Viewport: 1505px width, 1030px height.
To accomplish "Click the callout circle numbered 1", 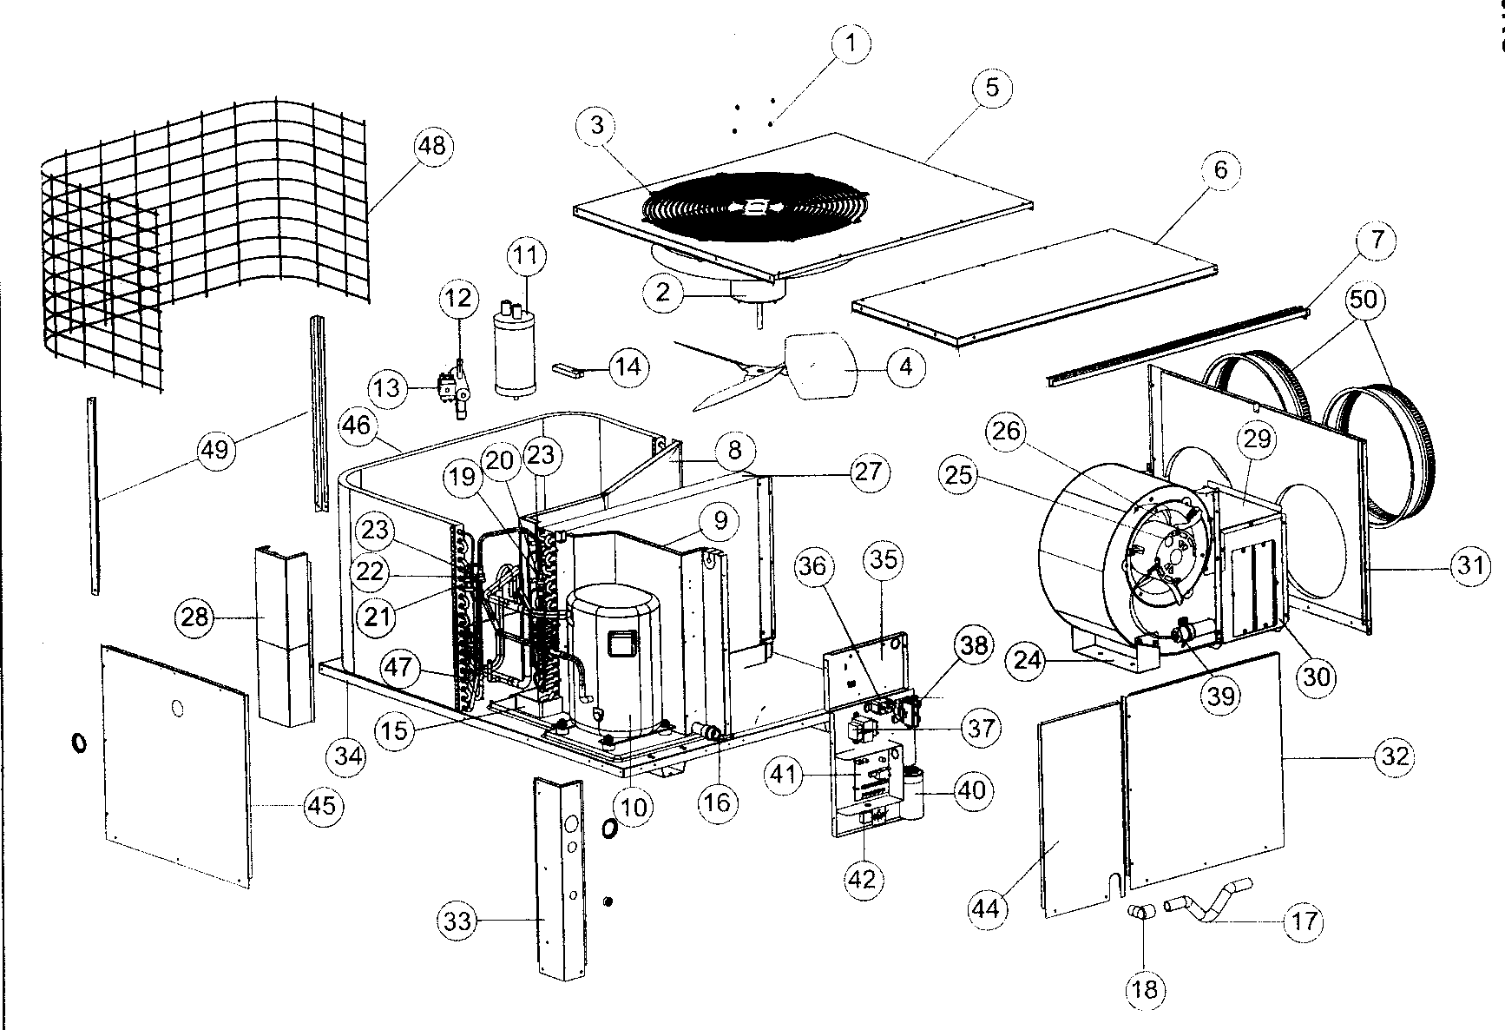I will point(851,43).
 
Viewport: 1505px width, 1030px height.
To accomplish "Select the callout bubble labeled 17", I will point(1305,921).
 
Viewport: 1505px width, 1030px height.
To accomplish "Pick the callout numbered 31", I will point(1469,566).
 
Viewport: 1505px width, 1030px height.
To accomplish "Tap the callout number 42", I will point(862,879).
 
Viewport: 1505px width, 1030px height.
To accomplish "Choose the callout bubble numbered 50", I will point(1363,299).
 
